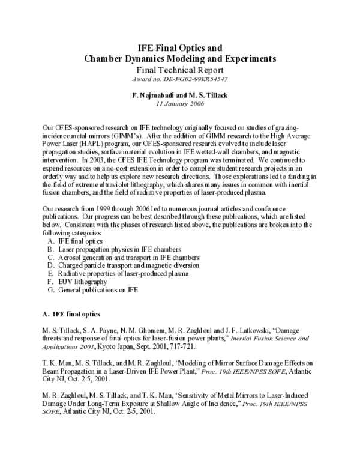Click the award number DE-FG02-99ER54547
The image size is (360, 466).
[180, 79]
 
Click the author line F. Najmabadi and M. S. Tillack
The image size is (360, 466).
[180, 95]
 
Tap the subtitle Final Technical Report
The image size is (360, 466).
[180, 70]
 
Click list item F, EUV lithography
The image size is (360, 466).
[78, 282]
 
